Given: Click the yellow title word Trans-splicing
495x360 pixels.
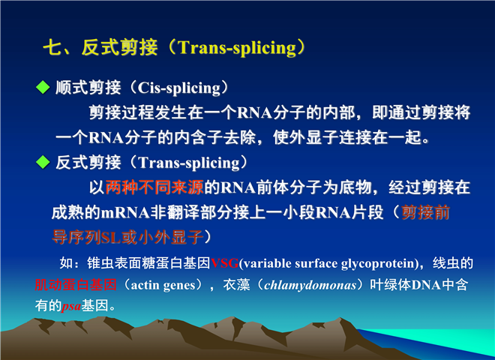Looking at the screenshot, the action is tap(237, 48).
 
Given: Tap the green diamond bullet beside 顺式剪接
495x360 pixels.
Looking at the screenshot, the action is tap(43, 87).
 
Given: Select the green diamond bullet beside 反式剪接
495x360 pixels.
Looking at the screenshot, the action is tap(43, 162).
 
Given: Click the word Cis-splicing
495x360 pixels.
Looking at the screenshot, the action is tap(179, 88).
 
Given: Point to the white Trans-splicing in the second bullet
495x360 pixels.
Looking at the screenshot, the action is tap(189, 163).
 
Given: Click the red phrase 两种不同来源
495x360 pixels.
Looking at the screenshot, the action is tap(154, 187).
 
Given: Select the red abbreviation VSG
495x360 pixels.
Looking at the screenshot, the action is tap(224, 263).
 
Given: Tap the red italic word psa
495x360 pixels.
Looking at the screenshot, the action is tap(71, 306).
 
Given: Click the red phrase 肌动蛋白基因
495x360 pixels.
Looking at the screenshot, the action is tap(76, 284).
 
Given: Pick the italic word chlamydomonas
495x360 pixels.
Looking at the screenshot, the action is tap(310, 285).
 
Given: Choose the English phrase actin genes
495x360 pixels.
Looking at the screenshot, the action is tap(163, 286).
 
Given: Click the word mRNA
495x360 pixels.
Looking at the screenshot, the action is tap(125, 212).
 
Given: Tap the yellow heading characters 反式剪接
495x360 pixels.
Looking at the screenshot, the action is tap(120, 48).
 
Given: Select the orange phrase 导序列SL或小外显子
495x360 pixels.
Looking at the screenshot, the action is tap(127, 237).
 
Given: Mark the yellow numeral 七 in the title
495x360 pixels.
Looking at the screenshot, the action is tap(52, 48).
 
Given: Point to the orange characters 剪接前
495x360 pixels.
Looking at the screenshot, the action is tap(425, 212).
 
